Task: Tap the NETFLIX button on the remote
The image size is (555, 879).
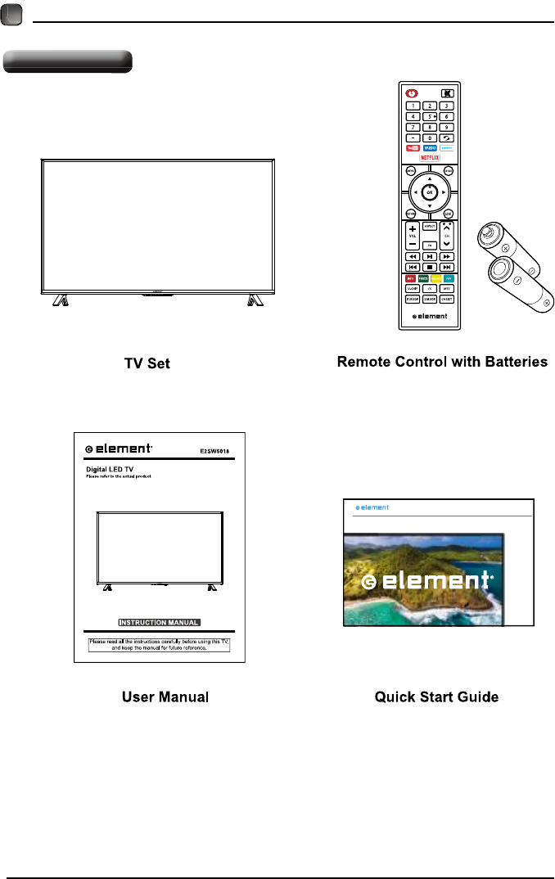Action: (430, 156)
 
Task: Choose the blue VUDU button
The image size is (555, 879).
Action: (430, 148)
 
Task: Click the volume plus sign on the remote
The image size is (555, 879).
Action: (412, 228)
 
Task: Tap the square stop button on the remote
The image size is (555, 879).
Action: (430, 267)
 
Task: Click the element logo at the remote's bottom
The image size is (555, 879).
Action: (430, 315)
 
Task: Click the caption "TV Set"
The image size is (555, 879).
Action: (147, 363)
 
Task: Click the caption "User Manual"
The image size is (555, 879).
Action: (165, 697)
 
